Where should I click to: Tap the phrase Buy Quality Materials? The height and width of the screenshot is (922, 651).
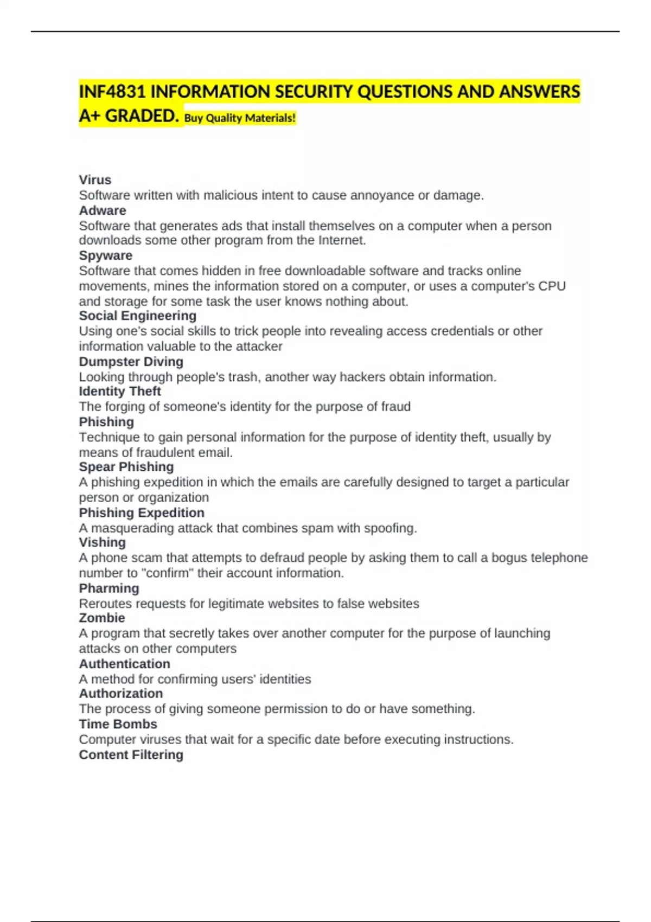pyautogui.click(x=240, y=118)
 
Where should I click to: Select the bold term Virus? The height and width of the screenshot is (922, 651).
pyautogui.click(x=95, y=180)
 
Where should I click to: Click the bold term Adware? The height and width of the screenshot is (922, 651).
pyautogui.click(x=103, y=210)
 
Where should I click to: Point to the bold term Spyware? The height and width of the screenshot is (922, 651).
pyautogui.click(x=106, y=255)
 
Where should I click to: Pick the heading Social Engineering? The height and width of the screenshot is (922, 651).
pyautogui.click(x=138, y=316)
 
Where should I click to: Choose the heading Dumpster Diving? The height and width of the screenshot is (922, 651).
pyautogui.click(x=131, y=362)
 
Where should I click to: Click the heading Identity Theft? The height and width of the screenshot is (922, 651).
pyautogui.click(x=120, y=391)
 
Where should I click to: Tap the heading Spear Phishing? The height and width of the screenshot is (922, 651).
pyautogui.click(x=126, y=467)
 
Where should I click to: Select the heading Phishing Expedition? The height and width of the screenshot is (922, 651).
pyautogui.click(x=142, y=513)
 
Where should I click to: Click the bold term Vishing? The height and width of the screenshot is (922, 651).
pyautogui.click(x=102, y=542)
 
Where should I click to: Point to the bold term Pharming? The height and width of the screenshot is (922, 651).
pyautogui.click(x=109, y=588)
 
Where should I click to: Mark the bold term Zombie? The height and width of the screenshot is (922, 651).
pyautogui.click(x=102, y=618)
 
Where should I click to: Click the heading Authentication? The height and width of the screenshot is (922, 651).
pyautogui.click(x=125, y=664)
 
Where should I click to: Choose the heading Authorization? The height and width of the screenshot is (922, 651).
pyautogui.click(x=121, y=693)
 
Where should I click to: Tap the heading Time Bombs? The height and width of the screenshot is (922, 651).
pyautogui.click(x=118, y=724)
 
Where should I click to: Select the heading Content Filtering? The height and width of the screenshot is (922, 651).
pyautogui.click(x=131, y=755)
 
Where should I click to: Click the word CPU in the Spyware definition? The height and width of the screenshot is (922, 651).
pyautogui.click(x=552, y=286)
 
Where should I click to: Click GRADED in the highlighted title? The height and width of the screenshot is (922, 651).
pyautogui.click(x=141, y=116)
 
